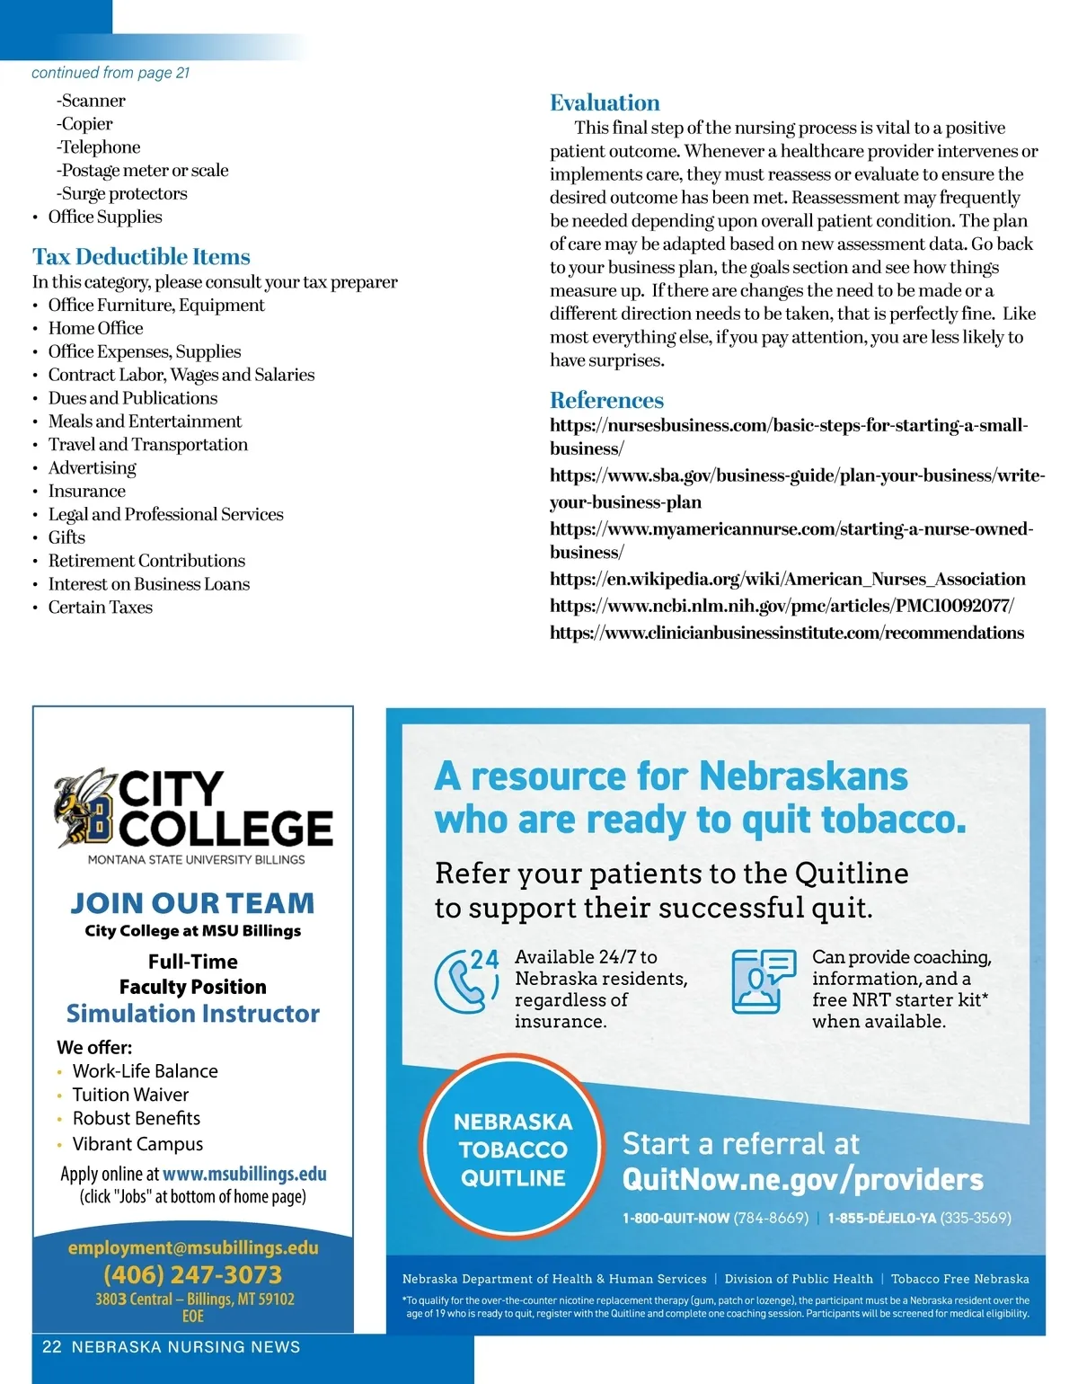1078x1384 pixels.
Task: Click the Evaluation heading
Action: point(605,102)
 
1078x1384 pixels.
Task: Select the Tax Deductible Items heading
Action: point(141,257)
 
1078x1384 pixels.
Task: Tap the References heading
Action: point(606,400)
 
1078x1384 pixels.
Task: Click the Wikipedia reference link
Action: point(787,579)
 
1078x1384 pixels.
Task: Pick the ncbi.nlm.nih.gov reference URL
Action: point(782,606)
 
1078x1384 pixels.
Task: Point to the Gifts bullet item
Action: point(66,537)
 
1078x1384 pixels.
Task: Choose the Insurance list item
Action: point(86,491)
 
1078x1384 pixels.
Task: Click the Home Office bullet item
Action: point(95,328)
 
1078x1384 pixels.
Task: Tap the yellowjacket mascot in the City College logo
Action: point(84,808)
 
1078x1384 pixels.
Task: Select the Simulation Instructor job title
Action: point(193,1014)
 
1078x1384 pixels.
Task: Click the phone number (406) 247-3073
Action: point(192,1274)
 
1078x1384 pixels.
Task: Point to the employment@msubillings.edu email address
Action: point(193,1247)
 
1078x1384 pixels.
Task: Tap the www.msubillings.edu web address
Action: point(244,1174)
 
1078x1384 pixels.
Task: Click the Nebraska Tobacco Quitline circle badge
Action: point(513,1149)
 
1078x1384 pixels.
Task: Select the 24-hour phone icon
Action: point(466,980)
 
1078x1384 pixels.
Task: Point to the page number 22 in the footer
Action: point(52,1346)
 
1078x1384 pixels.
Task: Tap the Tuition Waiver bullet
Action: point(130,1095)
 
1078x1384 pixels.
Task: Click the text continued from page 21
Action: point(110,73)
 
